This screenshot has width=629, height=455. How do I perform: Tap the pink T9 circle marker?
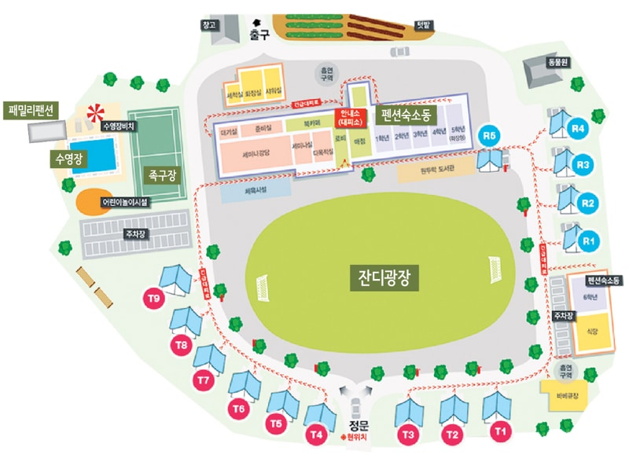point(155,299)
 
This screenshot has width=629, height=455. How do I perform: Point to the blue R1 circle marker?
point(588,240)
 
